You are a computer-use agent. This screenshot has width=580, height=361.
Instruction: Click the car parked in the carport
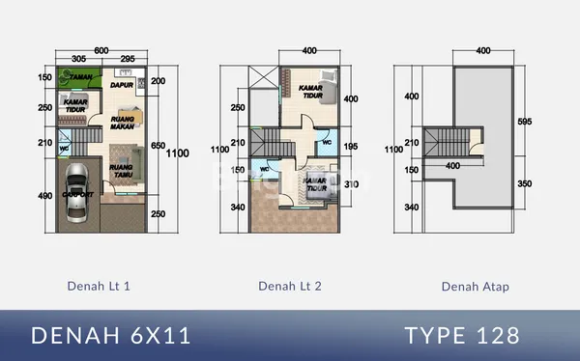[x=77, y=187]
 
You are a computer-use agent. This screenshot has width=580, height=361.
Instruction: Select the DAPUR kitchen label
[x=121, y=85]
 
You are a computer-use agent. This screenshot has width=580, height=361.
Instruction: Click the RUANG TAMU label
[x=121, y=171]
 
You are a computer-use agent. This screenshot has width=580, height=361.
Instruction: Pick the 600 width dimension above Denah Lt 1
[x=101, y=50]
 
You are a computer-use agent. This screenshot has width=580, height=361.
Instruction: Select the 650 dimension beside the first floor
[x=159, y=146]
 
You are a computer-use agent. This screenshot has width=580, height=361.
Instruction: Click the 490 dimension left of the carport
[x=45, y=196]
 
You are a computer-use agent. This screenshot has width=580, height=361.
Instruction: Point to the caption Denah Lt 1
[x=99, y=286]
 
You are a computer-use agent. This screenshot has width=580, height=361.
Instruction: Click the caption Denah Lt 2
[x=290, y=286]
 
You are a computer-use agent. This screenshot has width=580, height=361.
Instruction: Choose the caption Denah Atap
[x=475, y=286]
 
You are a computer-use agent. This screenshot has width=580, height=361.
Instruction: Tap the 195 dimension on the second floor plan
[x=351, y=146]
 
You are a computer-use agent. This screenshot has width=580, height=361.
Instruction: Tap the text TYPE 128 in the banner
[x=462, y=335]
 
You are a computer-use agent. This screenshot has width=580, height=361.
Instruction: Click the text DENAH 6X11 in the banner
[x=111, y=335]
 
